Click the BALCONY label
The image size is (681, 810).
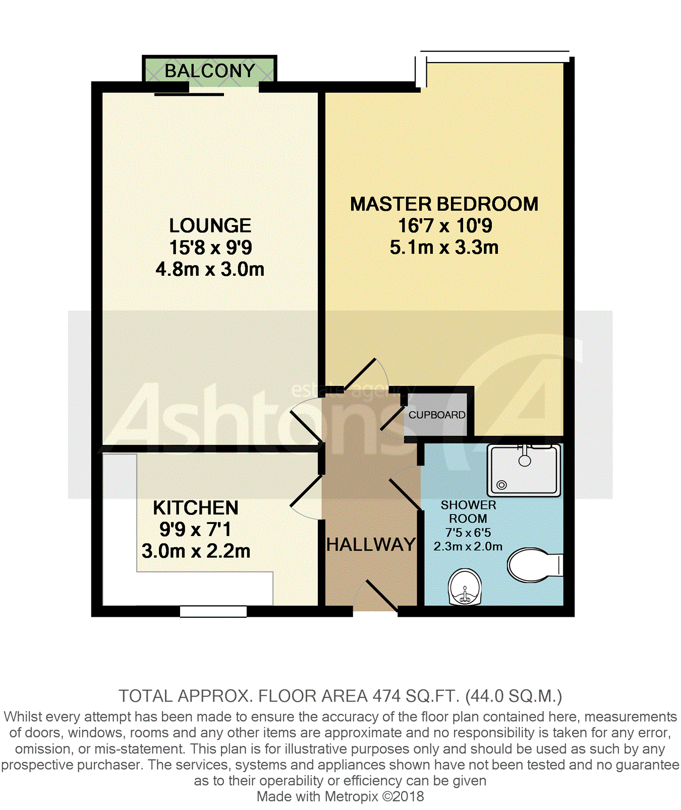(x=210, y=71)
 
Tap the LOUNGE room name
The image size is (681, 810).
(x=210, y=225)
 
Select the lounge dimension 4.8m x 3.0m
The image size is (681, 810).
(x=210, y=269)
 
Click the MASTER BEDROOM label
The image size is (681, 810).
(x=444, y=204)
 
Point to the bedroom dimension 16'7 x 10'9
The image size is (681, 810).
(x=445, y=225)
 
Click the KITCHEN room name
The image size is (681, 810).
(x=196, y=508)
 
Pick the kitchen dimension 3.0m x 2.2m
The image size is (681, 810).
(x=196, y=551)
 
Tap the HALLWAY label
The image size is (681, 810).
(x=371, y=545)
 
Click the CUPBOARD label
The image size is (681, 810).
(x=437, y=415)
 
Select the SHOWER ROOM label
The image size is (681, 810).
(x=468, y=511)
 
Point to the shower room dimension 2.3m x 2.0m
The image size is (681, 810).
(x=468, y=546)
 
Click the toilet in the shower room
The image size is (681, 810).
(x=535, y=565)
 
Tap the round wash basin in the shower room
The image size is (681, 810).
(x=465, y=587)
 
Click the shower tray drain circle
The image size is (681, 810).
(x=501, y=485)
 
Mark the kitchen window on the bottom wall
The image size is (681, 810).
(x=213, y=611)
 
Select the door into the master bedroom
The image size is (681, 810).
(x=360, y=375)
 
